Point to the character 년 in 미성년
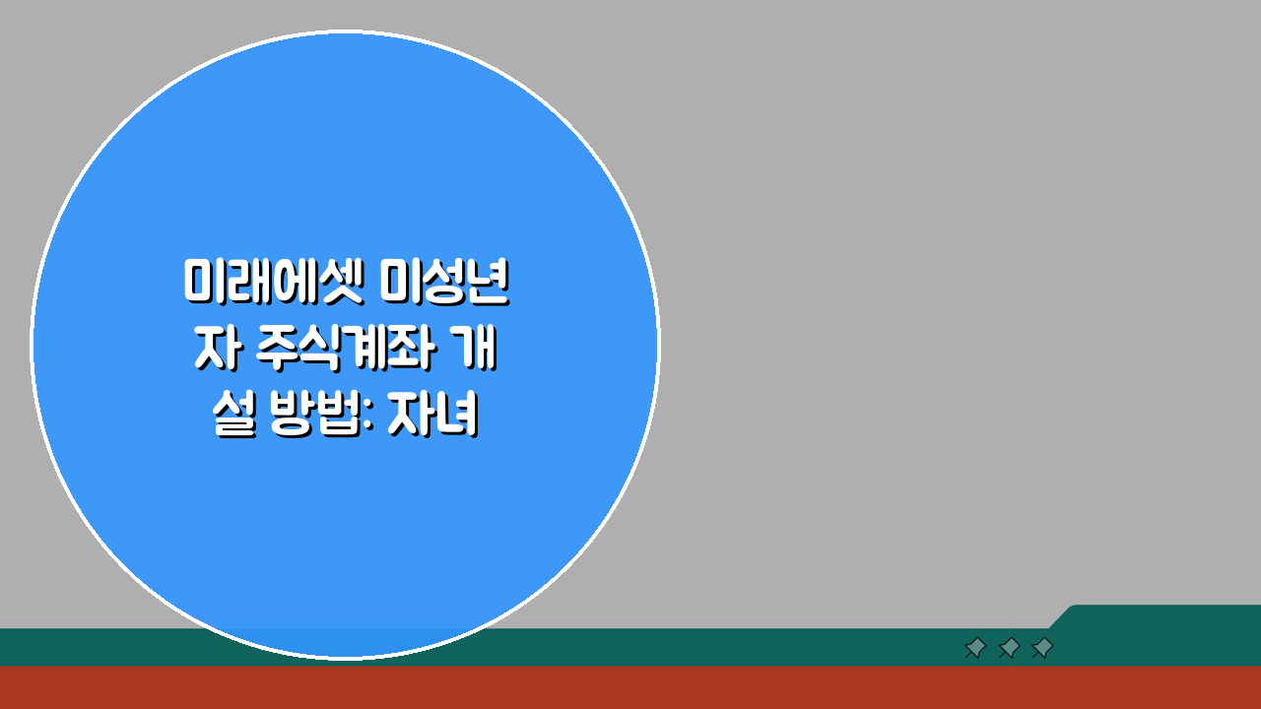click(x=489, y=284)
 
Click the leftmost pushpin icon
click(x=975, y=648)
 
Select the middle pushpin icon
click(x=1009, y=648)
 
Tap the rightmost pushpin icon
click(x=1042, y=648)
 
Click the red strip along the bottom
click(x=630, y=688)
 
